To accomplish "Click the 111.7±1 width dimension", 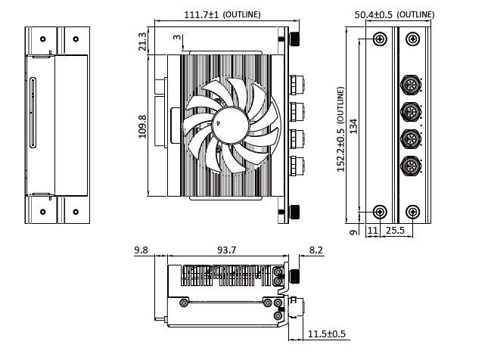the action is pos(202,14).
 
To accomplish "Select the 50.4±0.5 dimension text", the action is pos(374,14).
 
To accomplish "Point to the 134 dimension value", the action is pos(353,126).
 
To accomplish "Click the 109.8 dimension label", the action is pos(142,126).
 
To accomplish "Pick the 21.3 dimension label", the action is pos(142,42).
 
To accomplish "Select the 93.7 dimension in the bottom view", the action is pos(226,250).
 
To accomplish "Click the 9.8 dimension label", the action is pos(141,250).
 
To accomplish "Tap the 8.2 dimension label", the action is pos(316,250).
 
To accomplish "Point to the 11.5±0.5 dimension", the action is pos(327,334).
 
